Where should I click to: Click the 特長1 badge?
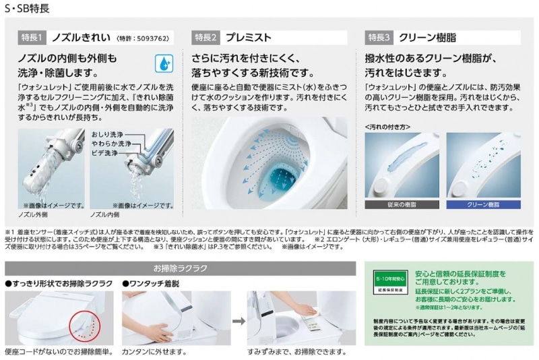(32, 37)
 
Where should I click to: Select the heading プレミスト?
(249, 37)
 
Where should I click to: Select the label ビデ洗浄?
(107, 153)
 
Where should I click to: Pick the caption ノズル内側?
(105, 214)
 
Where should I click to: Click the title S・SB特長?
(26, 8)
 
